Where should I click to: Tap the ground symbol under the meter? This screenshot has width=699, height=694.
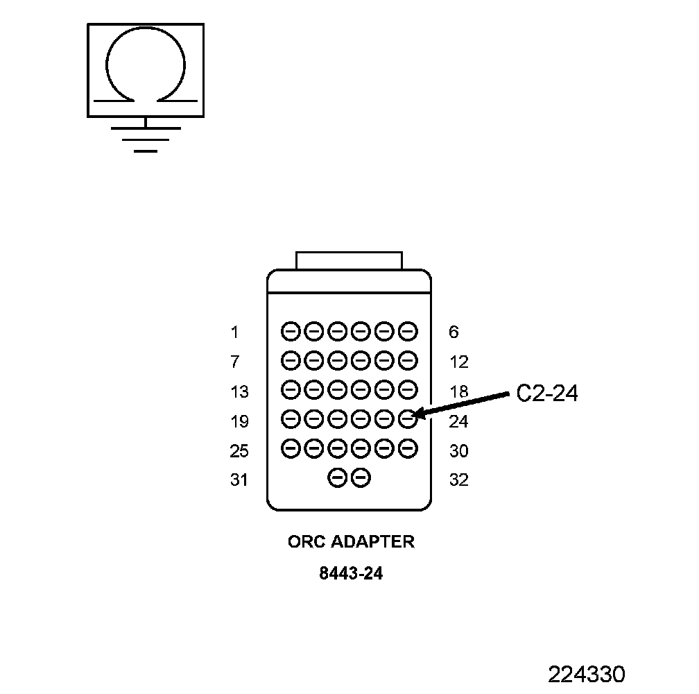pyautogui.click(x=145, y=138)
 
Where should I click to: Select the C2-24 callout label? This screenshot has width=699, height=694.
pyautogui.click(x=547, y=393)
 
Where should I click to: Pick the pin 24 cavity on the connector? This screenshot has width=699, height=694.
pyautogui.click(x=408, y=418)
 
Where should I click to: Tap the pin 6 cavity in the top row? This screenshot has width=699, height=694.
pyautogui.click(x=408, y=331)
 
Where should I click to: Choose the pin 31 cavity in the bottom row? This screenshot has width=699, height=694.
pyautogui.click(x=337, y=477)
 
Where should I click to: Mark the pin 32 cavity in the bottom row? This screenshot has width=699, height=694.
pyautogui.click(x=361, y=477)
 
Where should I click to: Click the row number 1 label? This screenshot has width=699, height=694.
pyautogui.click(x=234, y=332)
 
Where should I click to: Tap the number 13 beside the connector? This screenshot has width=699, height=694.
pyautogui.click(x=239, y=392)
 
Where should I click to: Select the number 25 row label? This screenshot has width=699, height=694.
pyautogui.click(x=239, y=451)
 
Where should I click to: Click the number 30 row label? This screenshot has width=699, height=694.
pyautogui.click(x=458, y=451)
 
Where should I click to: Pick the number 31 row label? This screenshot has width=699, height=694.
pyautogui.click(x=239, y=480)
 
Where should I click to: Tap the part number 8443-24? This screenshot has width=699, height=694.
pyautogui.click(x=351, y=574)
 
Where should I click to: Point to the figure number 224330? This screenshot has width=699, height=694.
pyautogui.click(x=586, y=674)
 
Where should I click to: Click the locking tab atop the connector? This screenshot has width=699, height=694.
pyautogui.click(x=349, y=260)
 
